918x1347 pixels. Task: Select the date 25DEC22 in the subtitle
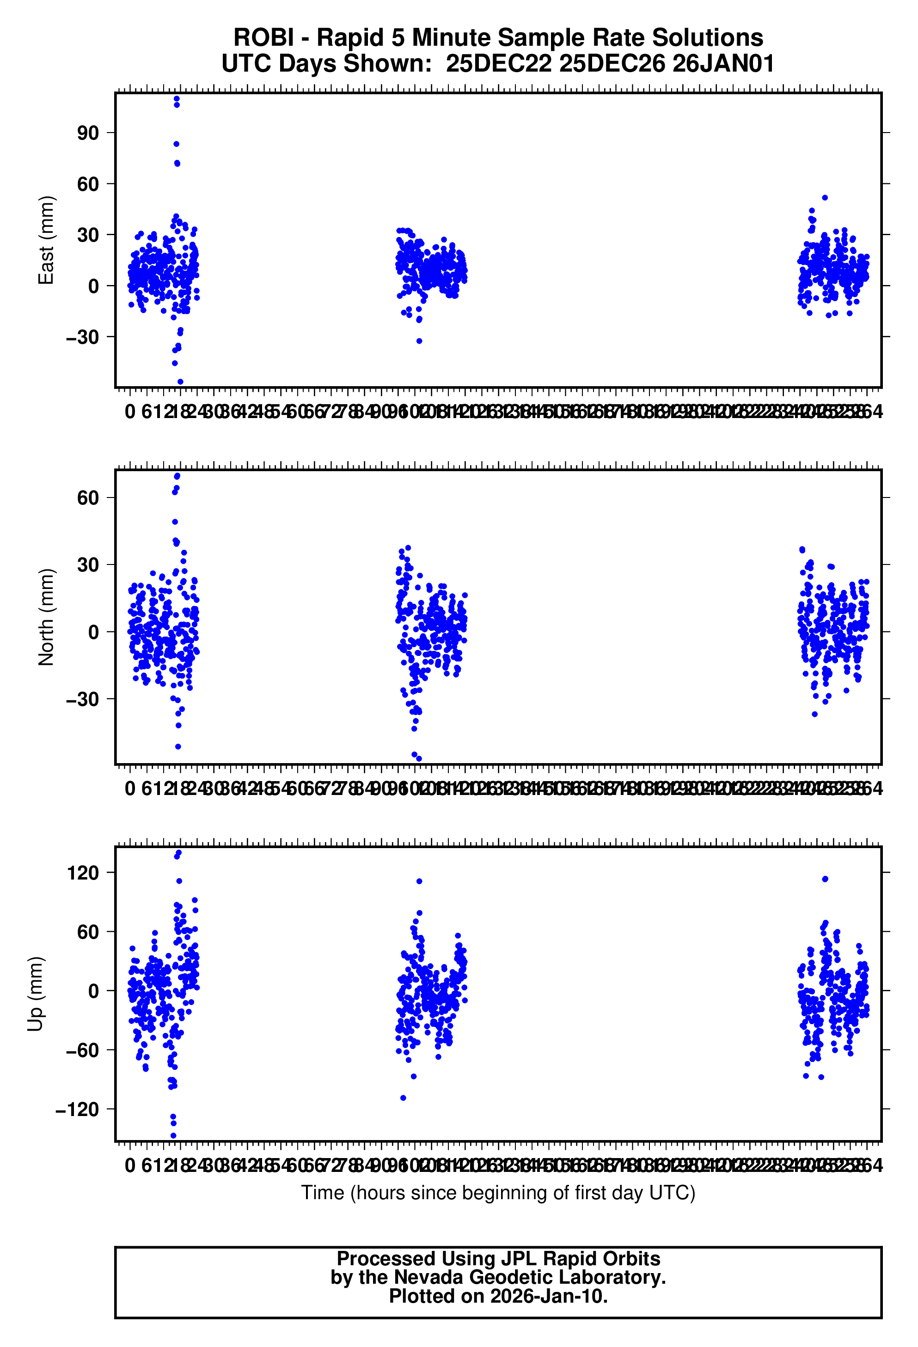pos(498,63)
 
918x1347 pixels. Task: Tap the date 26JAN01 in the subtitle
pos(723,63)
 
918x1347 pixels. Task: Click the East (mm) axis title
pos(46,240)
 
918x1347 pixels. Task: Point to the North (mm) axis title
pos(46,617)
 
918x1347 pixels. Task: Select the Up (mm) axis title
pos(36,994)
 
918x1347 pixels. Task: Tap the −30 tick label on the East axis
pos(82,337)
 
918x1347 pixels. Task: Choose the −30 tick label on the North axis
pos(82,699)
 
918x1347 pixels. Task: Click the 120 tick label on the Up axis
pos(83,872)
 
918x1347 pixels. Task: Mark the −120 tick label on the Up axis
pos(77,1110)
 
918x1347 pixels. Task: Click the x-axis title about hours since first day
pos(497,1193)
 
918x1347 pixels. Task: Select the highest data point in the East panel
pos(177,98)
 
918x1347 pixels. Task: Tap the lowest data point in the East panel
pos(180,382)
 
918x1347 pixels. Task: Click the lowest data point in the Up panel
pos(173,1136)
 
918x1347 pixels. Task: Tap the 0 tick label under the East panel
pos(130,412)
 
